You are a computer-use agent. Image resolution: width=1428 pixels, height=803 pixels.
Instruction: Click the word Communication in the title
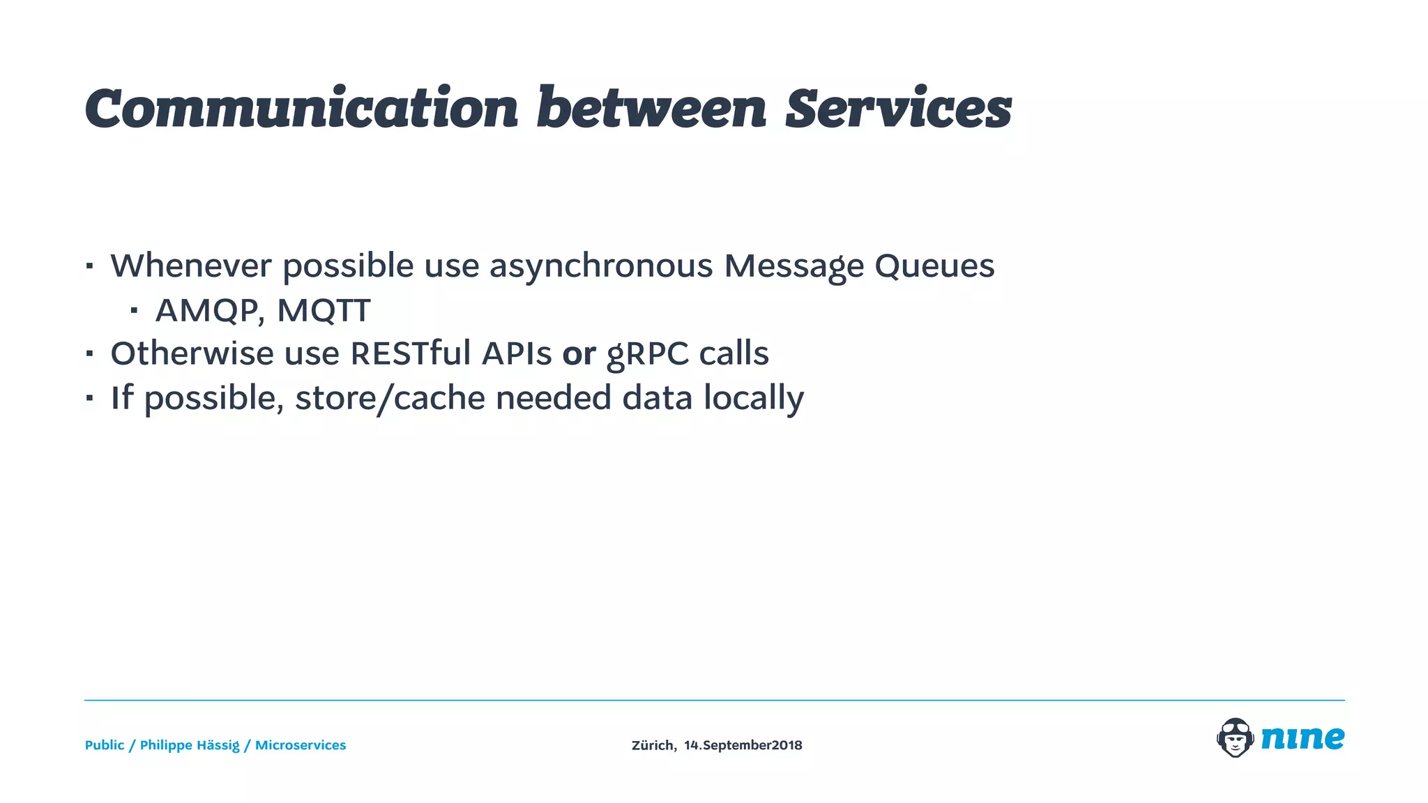pos(301,109)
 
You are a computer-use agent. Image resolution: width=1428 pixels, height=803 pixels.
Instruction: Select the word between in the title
pos(651,109)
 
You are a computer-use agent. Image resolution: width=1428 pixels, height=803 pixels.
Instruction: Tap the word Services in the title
pos(898,109)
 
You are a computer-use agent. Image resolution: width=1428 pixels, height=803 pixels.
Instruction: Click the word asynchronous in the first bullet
pos(601,266)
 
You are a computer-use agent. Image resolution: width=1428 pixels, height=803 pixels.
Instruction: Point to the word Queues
pos(934,266)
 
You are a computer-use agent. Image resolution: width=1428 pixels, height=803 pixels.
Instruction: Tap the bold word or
pos(579,354)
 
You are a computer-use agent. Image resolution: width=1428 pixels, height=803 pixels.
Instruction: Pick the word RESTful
pos(411,353)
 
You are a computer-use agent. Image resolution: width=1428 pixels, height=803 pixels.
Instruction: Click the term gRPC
pos(648,354)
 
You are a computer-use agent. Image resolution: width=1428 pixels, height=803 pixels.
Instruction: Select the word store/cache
pos(390,399)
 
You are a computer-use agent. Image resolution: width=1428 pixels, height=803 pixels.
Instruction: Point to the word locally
pos(754,399)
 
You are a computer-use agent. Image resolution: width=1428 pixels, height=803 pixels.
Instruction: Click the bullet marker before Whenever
pos(89,266)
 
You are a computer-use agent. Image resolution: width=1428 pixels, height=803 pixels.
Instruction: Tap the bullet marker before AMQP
pos(133,310)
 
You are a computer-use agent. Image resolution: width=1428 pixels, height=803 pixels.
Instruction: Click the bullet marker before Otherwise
pos(89,353)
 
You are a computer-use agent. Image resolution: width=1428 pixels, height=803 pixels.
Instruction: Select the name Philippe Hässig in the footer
pos(190,745)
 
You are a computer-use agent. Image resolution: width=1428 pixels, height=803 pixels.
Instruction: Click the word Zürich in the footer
pos(653,745)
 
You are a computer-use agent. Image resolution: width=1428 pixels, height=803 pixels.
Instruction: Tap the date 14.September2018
pos(743,745)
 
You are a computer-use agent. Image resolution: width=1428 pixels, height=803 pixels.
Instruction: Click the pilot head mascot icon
pos(1235,737)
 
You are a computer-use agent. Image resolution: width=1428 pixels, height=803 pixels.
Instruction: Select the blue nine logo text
pos(1302,737)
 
